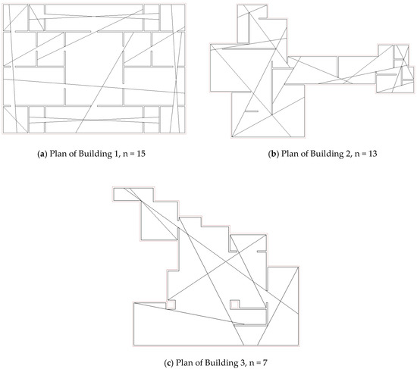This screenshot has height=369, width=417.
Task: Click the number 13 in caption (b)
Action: pyautogui.click(x=374, y=154)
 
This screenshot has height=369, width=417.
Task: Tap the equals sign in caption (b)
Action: pyautogui.click(x=360, y=154)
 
